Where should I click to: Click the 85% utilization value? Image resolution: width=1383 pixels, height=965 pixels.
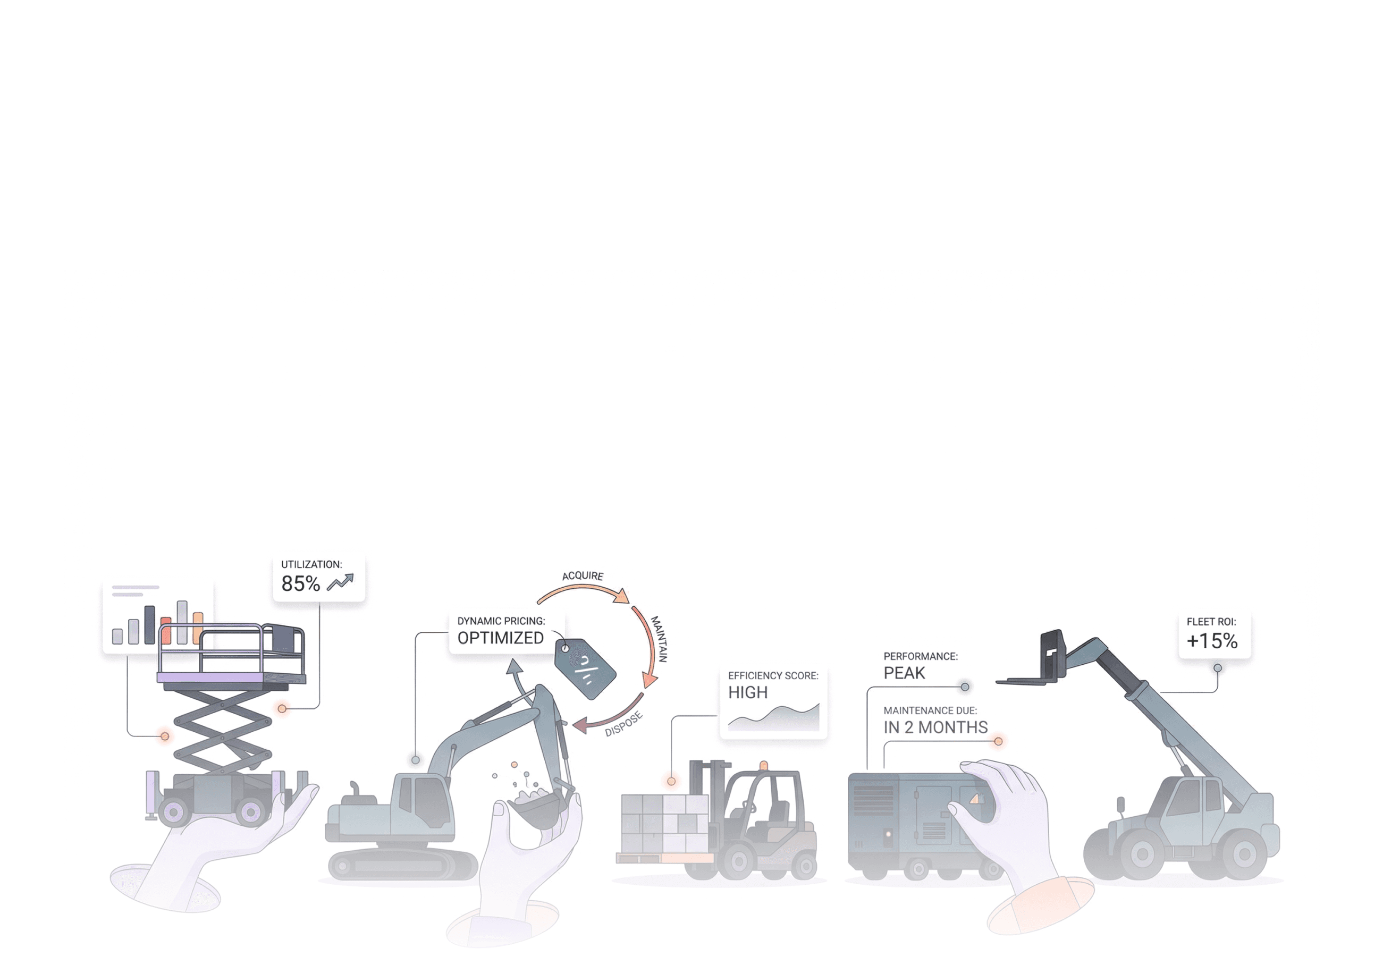tap(301, 583)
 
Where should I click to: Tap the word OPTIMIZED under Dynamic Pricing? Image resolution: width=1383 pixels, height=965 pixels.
tap(501, 638)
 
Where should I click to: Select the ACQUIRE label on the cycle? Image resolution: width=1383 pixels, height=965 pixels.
tap(583, 576)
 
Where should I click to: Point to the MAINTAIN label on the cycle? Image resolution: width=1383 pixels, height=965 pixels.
tap(659, 639)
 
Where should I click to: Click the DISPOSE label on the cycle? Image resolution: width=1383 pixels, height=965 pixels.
tap(624, 724)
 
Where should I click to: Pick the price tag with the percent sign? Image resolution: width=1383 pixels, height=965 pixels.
tap(584, 668)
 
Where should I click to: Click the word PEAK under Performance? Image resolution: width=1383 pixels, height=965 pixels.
tap(904, 673)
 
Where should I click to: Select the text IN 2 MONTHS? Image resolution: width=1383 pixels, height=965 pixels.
tap(935, 727)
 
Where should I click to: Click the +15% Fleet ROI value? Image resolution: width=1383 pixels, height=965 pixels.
tap(1212, 641)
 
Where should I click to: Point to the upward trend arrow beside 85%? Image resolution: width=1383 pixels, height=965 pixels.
tap(340, 582)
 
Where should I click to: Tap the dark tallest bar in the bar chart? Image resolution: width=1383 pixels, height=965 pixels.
tap(149, 625)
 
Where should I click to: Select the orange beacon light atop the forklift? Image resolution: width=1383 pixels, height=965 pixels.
tap(764, 766)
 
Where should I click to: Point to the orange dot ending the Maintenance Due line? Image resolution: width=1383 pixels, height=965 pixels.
tap(998, 741)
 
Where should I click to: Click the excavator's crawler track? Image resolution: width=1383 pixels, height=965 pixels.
tap(403, 866)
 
